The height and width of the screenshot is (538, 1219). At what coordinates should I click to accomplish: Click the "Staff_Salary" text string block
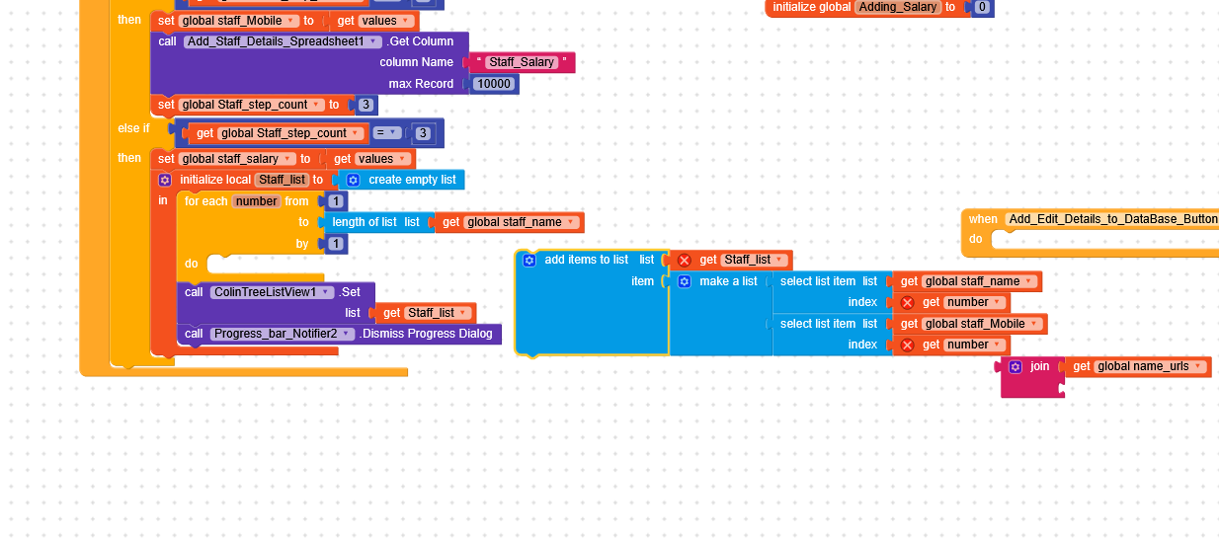(523, 62)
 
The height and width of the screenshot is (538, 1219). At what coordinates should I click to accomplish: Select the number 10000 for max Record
(493, 84)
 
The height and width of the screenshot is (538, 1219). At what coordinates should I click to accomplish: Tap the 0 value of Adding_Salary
(981, 7)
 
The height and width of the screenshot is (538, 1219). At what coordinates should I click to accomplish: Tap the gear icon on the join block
(1015, 366)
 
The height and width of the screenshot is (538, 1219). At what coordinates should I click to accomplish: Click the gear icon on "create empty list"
(353, 180)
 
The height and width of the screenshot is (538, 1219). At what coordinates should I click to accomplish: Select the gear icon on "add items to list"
(528, 260)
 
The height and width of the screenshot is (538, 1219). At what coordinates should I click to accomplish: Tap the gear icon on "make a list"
(684, 281)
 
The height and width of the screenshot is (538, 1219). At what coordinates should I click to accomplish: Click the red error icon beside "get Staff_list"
(684, 260)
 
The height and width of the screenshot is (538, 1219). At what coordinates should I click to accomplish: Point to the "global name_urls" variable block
(1144, 366)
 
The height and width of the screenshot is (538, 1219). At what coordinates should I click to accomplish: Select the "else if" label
(133, 128)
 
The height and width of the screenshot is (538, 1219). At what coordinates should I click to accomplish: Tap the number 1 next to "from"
(335, 201)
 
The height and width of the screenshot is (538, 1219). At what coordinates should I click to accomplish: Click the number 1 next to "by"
(335, 244)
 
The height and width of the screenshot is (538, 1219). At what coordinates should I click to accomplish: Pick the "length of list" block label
(364, 222)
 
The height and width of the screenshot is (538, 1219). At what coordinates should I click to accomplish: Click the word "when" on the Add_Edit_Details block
(983, 219)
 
